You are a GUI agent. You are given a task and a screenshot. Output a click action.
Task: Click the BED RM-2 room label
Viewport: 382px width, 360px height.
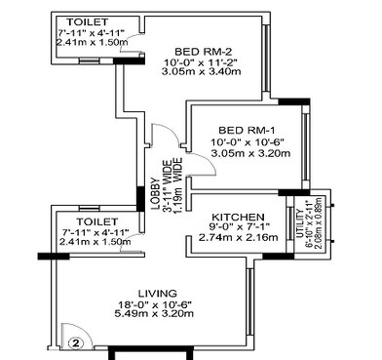coord(203,51)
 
